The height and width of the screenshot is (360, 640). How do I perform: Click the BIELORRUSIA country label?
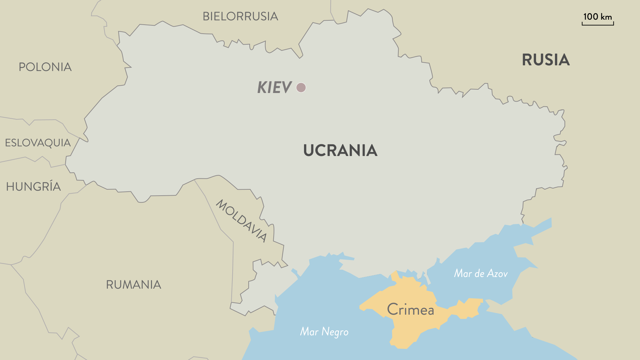(240, 16)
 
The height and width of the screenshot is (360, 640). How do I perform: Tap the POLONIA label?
(45, 67)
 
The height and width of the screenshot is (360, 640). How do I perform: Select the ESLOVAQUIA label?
(38, 143)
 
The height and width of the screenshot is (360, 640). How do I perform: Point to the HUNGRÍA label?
(33, 187)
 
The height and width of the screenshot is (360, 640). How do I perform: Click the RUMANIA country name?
(133, 285)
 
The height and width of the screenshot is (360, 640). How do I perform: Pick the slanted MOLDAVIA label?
(242, 221)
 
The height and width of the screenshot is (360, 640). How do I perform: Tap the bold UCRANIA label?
(340, 150)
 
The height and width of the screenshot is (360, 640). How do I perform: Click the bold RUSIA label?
(546, 60)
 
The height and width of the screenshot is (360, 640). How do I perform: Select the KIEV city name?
(274, 87)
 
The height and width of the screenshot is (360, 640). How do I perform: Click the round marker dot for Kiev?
(301, 87)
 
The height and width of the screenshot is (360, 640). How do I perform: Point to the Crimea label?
(410, 310)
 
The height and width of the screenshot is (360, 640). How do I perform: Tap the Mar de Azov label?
(481, 273)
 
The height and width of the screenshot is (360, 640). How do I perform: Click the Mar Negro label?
(324, 332)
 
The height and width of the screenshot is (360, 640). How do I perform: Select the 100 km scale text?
(597, 17)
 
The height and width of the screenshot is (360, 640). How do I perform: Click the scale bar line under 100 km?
(598, 25)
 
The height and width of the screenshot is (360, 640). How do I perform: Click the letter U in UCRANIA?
(309, 150)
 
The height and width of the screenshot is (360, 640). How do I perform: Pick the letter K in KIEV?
(262, 87)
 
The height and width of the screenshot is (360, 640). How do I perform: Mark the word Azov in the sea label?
(497, 273)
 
